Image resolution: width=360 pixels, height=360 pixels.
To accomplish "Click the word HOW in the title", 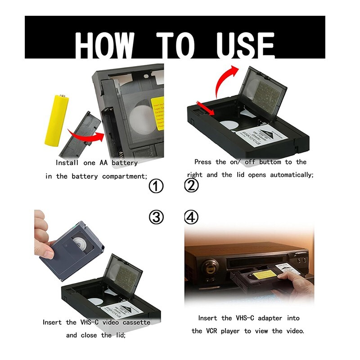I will click(104, 45).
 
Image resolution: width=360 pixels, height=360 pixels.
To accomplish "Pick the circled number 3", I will click(156, 218).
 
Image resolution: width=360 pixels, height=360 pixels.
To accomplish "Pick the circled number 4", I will click(192, 218).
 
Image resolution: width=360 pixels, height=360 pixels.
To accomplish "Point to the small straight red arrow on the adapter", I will click(205, 109).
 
